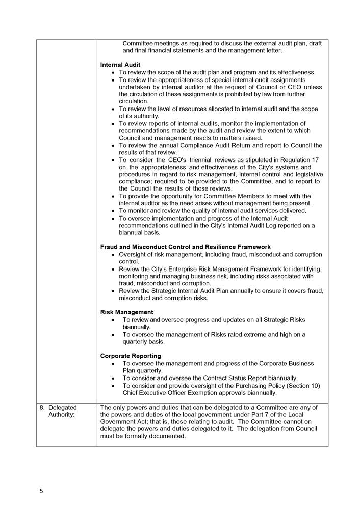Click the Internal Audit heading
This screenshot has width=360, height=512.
(x=120, y=65)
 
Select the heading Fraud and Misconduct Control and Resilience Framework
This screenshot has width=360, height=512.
(x=186, y=247)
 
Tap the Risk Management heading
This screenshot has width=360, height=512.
(x=126, y=312)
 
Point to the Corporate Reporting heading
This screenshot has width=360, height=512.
(x=131, y=356)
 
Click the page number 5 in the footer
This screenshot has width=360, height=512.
(x=42, y=491)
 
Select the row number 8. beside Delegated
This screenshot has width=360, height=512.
(x=42, y=408)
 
